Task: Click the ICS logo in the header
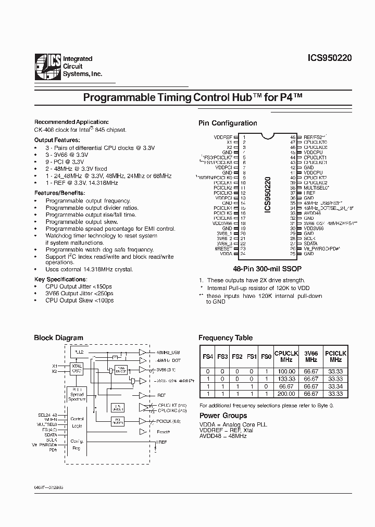(46, 67)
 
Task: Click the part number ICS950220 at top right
(327, 59)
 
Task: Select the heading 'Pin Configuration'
(228, 123)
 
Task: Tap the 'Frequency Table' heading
(225, 337)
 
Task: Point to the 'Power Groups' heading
(223, 416)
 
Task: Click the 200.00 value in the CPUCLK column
(286, 394)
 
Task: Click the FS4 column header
(208, 357)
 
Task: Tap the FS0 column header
(266, 357)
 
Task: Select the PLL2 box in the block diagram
(80, 352)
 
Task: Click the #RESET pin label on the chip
(225, 248)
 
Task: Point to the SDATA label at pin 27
(310, 243)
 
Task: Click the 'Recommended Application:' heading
(71, 121)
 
